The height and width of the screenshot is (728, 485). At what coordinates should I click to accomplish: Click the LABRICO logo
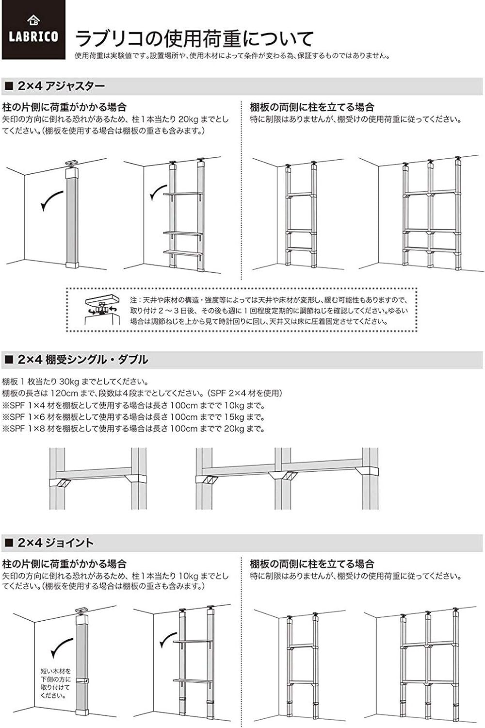coord(33,30)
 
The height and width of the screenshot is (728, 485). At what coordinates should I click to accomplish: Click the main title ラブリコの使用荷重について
coord(194,38)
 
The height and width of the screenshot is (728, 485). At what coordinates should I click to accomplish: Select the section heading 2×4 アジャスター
coord(61,86)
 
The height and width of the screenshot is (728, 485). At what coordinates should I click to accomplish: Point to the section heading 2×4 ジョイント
coord(55,543)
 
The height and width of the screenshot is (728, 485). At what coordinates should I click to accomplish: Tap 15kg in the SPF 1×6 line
coord(227,417)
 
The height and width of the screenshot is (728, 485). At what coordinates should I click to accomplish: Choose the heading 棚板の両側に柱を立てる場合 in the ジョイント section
coord(312,564)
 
